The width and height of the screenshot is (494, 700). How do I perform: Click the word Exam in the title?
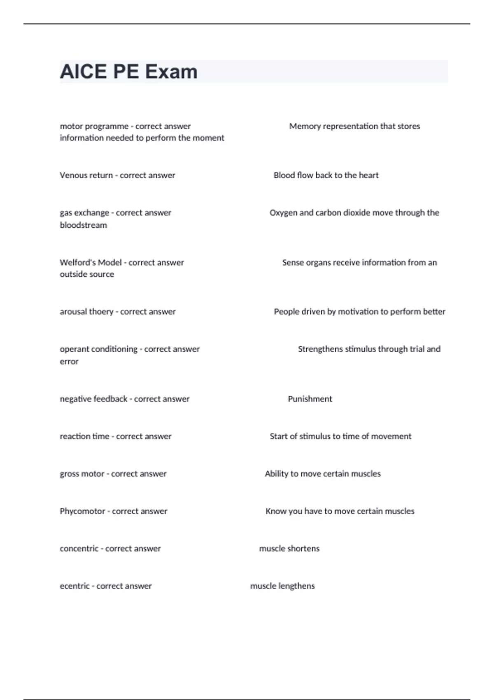click(x=171, y=72)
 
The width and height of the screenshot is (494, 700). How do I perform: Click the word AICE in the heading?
click(x=84, y=72)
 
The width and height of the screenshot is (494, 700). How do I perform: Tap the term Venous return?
click(x=86, y=175)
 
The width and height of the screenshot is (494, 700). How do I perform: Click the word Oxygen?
click(x=283, y=212)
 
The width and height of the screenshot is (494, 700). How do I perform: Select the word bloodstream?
click(x=83, y=225)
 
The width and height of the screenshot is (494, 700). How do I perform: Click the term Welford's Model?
click(x=91, y=262)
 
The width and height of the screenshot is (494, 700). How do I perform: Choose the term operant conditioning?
click(x=98, y=349)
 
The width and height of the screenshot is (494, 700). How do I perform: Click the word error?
click(x=69, y=361)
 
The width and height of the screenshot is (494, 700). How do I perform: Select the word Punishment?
click(x=310, y=399)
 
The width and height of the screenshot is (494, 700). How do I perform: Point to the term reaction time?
click(x=84, y=436)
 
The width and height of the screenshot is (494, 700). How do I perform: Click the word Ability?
click(x=276, y=474)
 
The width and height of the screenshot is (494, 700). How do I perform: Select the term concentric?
click(x=79, y=548)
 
